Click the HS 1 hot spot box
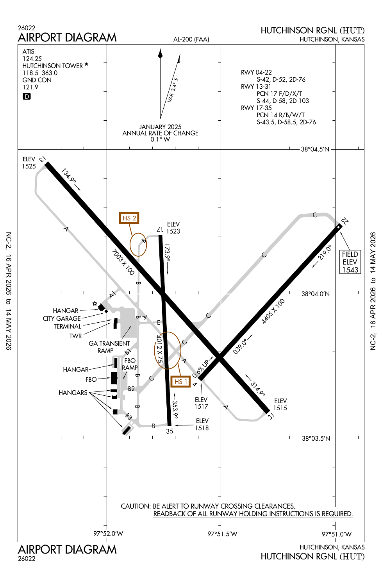click(180, 381)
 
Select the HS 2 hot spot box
click(129, 218)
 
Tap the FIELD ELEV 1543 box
click(350, 262)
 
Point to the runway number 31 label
click(271, 416)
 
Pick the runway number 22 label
click(344, 221)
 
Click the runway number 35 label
click(170, 431)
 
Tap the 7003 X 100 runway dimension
click(123, 263)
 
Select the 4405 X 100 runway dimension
click(273, 311)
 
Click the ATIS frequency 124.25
click(32, 59)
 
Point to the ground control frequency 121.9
click(30, 87)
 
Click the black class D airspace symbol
click(27, 96)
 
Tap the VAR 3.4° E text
click(173, 90)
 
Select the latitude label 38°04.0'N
click(315, 294)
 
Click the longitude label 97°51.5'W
click(222, 534)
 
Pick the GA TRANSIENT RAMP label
click(109, 347)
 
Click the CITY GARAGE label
click(62, 318)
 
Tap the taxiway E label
click(159, 323)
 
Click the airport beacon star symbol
click(95, 303)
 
